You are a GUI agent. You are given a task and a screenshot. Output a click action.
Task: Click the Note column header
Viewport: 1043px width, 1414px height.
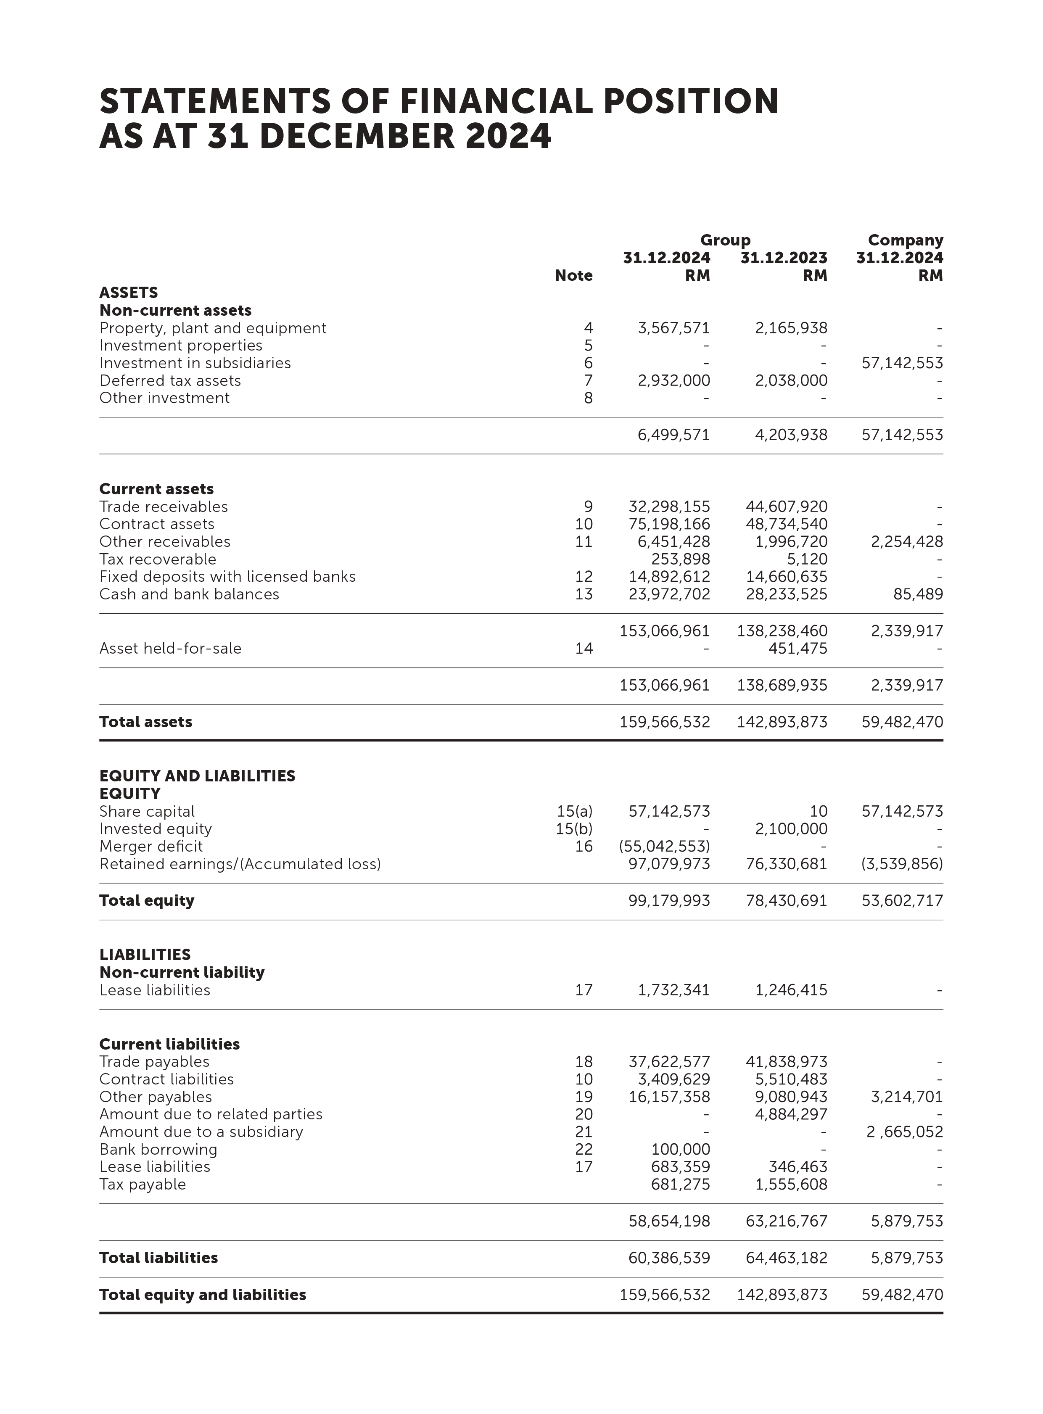[x=573, y=276]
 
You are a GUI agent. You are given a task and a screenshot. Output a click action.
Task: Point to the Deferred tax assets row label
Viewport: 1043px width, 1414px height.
[x=170, y=381]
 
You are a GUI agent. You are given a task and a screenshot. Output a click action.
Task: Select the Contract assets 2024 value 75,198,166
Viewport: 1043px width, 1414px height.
[x=669, y=524]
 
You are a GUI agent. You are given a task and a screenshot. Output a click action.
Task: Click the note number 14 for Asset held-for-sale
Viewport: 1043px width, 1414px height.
[x=584, y=648]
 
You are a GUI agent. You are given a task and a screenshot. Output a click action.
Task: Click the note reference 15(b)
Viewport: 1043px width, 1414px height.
[x=574, y=829]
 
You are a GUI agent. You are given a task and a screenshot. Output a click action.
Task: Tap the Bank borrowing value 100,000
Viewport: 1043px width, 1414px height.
[x=681, y=1150]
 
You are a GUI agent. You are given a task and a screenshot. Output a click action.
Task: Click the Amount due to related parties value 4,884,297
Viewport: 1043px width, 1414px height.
[x=791, y=1114]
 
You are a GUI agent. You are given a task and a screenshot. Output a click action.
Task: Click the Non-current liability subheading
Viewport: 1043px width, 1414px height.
[x=182, y=972]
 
